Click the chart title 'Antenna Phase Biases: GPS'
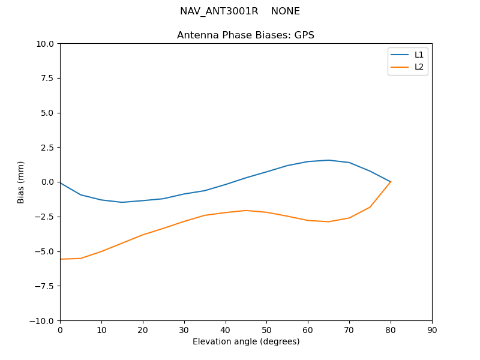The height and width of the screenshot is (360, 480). click(245, 35)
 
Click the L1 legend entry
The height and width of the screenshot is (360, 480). click(419, 55)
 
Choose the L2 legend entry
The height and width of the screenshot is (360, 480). click(419, 67)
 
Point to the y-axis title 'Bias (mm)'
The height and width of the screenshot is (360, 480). click(21, 182)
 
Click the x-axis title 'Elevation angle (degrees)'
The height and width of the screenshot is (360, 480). click(245, 342)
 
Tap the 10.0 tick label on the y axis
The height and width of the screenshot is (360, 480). click(46, 44)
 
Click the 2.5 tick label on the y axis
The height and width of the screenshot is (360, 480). click(47, 148)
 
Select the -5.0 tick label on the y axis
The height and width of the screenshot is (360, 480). click(44, 251)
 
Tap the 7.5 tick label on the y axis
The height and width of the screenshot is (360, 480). click(47, 79)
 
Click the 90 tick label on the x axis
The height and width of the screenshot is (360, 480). click(431, 330)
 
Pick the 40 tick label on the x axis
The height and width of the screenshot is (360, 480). click(225, 330)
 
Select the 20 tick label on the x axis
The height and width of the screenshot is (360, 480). click(143, 330)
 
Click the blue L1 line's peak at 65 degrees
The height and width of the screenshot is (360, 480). click(328, 160)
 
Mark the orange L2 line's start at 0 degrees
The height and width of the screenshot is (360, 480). click(61, 259)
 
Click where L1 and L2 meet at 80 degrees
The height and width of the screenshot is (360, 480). click(391, 182)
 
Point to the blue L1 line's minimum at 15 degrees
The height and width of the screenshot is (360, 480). click(122, 202)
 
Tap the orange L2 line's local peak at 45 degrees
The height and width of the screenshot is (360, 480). click(246, 211)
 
